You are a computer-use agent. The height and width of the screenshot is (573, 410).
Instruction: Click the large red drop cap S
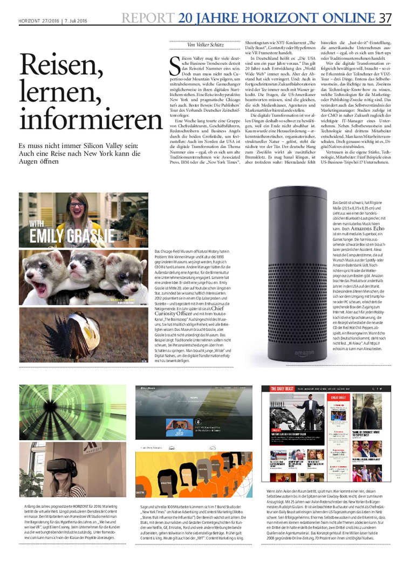(175, 64)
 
